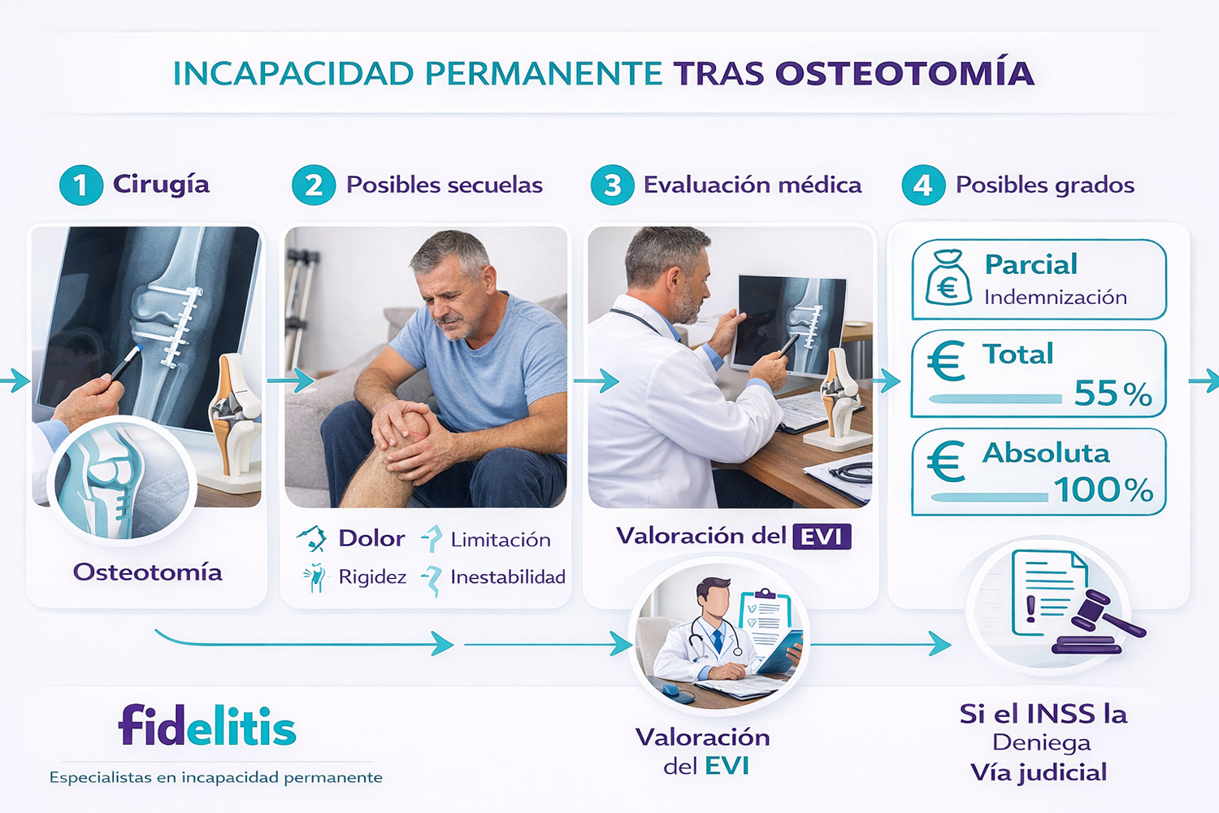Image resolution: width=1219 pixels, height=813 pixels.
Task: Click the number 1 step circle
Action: pos(81,185)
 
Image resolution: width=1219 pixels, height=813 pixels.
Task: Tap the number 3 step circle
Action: pos(612,185)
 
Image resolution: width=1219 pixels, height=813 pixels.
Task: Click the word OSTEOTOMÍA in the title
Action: pos(904,73)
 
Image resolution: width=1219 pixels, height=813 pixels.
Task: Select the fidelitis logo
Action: pos(207,724)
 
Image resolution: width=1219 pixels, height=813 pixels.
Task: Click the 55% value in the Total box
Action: pos(1113,393)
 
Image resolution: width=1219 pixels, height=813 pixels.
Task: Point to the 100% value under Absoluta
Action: pos(1104,489)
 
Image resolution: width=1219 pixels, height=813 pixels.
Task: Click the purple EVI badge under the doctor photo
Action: pos(822,537)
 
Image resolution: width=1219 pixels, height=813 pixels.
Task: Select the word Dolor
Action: pos(371,538)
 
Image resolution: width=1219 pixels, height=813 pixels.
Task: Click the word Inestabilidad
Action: pos(508,576)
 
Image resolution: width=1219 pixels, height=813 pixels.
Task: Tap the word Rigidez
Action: pos(372,577)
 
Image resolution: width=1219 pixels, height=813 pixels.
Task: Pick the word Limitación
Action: pos(501,540)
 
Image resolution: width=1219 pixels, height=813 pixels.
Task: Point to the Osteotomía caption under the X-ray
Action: pos(147,572)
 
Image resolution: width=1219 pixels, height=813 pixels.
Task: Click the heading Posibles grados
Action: pos(1045,185)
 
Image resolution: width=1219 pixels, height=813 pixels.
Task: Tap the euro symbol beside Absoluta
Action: pos(946,461)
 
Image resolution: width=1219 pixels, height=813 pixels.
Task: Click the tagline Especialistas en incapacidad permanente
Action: pos(216,777)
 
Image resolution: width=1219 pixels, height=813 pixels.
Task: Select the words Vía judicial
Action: pos(1039,773)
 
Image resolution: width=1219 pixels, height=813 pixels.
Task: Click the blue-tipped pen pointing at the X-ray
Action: pos(126,362)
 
